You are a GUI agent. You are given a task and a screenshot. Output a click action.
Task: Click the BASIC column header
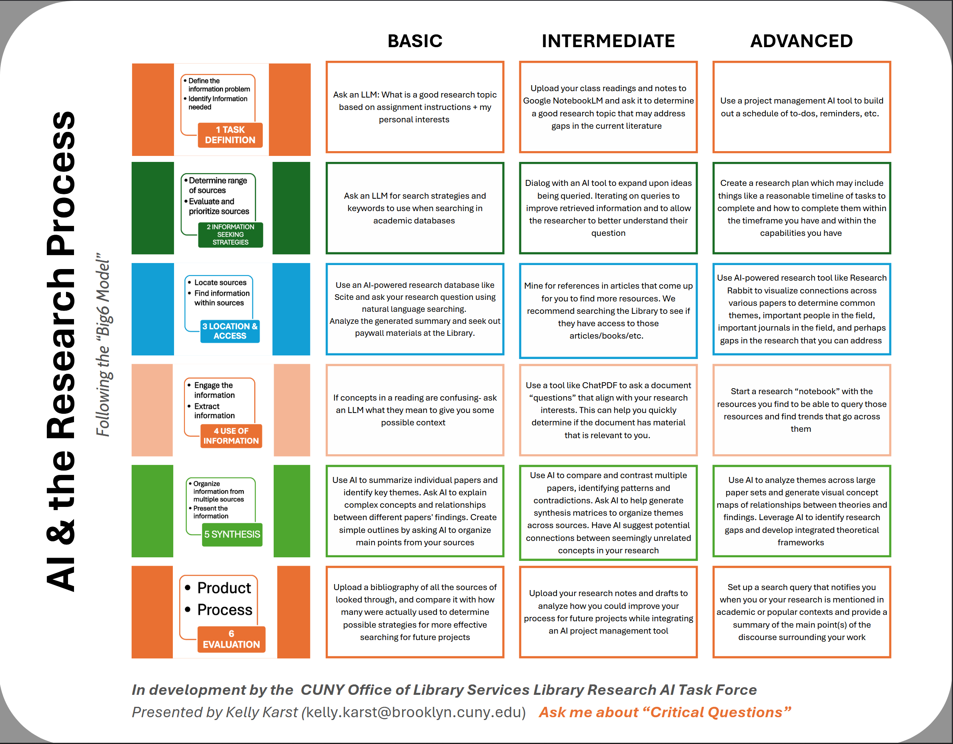tap(414, 41)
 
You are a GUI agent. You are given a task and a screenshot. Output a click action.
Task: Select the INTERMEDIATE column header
tap(608, 41)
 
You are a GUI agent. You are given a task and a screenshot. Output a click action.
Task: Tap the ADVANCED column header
tap(801, 41)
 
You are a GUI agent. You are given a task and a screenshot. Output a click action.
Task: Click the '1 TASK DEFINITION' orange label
tap(230, 135)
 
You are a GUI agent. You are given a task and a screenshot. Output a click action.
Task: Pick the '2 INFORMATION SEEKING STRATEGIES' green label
tap(230, 235)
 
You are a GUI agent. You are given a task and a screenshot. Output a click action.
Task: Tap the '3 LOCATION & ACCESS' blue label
tap(230, 331)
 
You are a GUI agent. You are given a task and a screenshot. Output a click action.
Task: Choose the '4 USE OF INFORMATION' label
tap(231, 436)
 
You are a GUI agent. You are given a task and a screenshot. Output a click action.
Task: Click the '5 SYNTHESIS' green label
tap(232, 534)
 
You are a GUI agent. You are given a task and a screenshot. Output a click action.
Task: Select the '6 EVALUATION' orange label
tap(231, 639)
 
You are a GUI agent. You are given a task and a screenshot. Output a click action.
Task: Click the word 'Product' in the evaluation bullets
tap(224, 588)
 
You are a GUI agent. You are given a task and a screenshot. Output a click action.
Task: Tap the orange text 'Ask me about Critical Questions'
tap(664, 712)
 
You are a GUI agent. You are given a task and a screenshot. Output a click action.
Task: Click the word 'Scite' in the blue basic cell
tap(343, 297)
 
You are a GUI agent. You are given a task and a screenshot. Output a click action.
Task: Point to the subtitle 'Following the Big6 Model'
tap(103, 345)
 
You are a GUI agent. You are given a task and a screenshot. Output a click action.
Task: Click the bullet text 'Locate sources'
tap(220, 283)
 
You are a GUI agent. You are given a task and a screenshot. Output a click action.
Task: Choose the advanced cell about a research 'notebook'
tap(801, 410)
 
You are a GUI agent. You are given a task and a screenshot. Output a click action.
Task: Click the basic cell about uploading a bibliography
tap(414, 612)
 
